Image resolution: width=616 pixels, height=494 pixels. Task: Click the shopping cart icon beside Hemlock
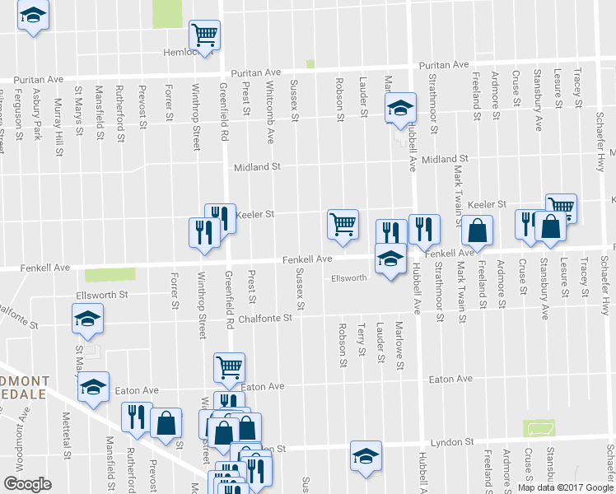click(x=203, y=35)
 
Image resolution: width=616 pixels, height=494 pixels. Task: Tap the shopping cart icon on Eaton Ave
click(x=228, y=367)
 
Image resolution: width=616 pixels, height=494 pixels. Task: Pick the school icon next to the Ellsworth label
click(x=389, y=259)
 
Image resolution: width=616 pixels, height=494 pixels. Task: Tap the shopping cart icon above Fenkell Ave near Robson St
click(x=342, y=223)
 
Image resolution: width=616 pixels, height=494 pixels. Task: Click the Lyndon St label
click(x=461, y=442)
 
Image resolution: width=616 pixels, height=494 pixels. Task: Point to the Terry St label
click(x=362, y=340)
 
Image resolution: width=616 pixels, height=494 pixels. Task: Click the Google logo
click(x=27, y=484)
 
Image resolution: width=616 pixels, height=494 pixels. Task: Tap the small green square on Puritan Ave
click(x=310, y=63)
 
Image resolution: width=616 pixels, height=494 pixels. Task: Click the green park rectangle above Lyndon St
click(x=539, y=428)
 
